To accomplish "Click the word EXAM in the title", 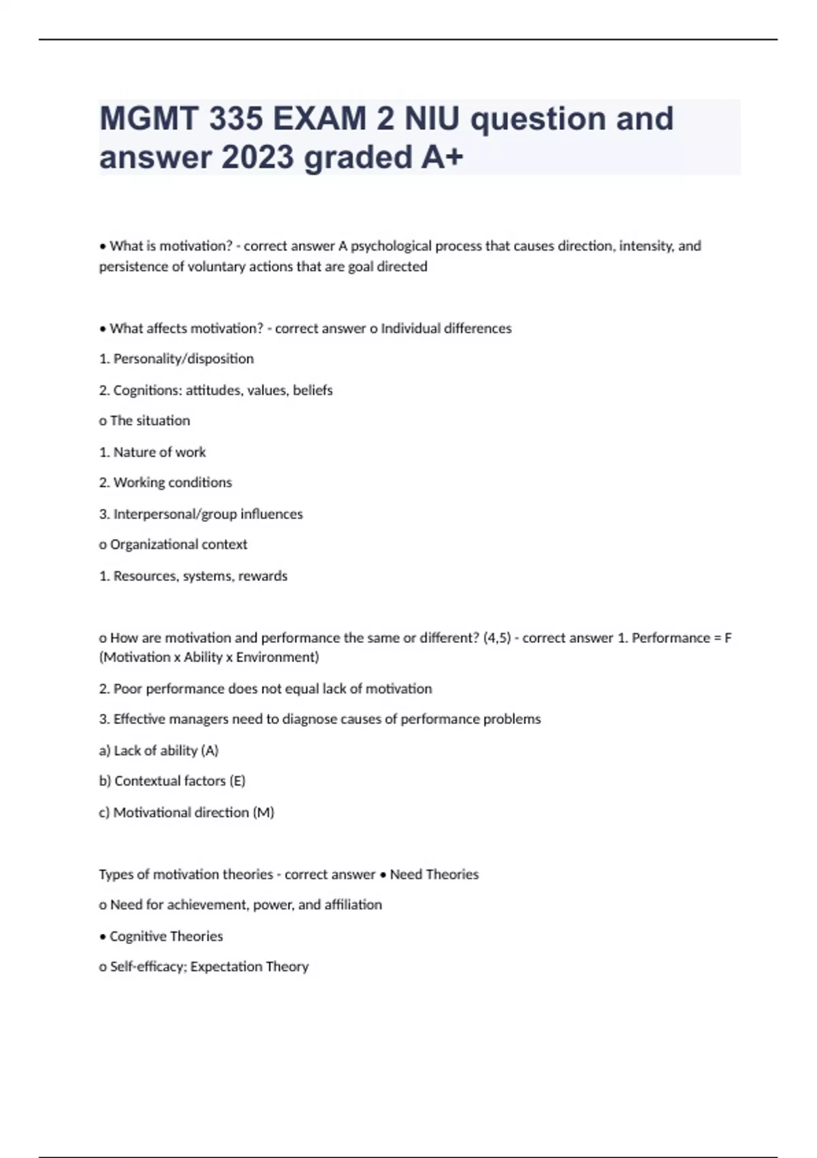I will click(319, 119).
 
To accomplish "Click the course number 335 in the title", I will click(236, 119).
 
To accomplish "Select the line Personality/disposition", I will click(183, 359).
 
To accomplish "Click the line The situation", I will click(150, 421).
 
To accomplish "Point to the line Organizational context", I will click(178, 545).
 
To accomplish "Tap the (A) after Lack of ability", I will click(210, 751).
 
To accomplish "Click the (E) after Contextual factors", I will click(237, 781).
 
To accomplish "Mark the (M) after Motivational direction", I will click(263, 813).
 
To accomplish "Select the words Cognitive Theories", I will click(166, 937).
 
